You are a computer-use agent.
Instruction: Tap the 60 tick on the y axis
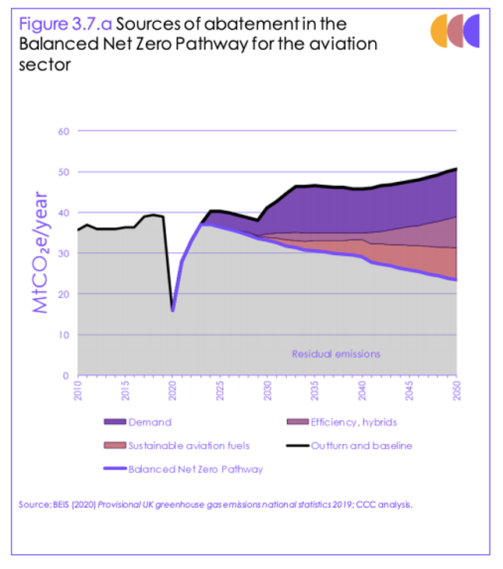point(63,131)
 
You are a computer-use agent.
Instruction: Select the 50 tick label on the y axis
point(63,172)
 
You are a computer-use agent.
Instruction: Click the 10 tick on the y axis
point(63,335)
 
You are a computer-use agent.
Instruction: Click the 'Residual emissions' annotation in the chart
point(336,354)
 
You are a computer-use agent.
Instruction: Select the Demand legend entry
point(149,422)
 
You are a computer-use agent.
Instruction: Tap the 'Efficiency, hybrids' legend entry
point(353,422)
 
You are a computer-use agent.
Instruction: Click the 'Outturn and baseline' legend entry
point(360,446)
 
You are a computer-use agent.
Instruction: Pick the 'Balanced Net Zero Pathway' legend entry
point(195,469)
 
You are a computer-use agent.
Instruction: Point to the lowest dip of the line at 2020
point(172,310)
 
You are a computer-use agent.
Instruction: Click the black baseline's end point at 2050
point(456,169)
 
